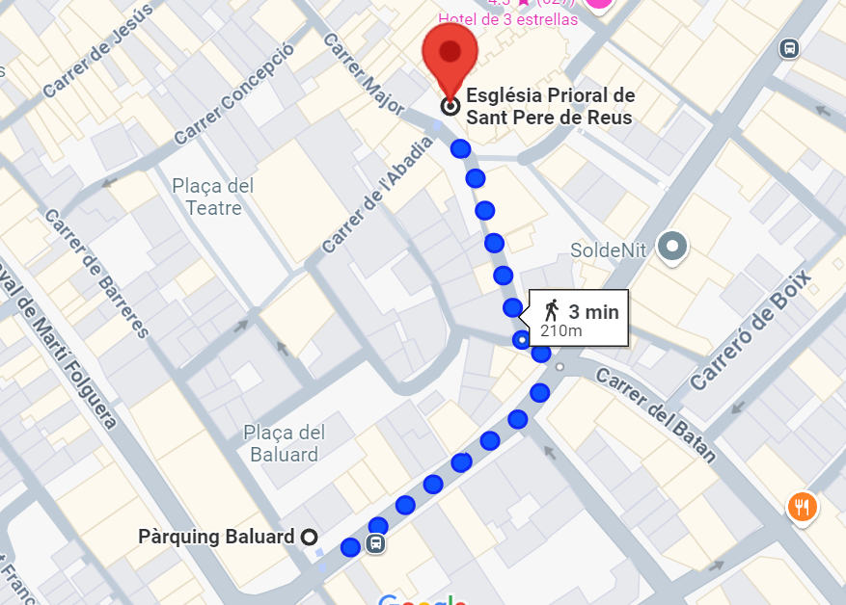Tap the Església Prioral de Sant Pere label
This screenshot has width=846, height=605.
coord(550,107)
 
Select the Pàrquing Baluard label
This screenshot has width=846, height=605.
coord(216,537)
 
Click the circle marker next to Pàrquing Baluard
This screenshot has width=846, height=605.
coord(310,537)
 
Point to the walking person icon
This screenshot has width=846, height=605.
coord(552,310)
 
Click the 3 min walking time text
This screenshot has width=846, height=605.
coord(593,311)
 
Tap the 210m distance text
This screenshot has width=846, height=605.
coord(560,331)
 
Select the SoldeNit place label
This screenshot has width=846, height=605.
coord(608,250)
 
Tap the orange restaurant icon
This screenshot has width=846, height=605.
coord(802,505)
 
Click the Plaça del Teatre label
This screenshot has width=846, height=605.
coord(213,196)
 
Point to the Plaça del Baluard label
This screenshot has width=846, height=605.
coord(284,443)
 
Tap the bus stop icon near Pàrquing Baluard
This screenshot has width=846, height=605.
coord(376,544)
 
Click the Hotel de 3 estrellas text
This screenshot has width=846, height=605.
coord(507,19)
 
